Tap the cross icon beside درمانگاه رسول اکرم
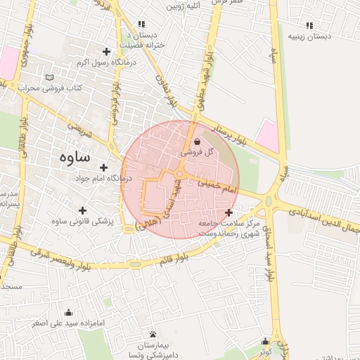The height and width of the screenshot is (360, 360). click(x=106, y=51)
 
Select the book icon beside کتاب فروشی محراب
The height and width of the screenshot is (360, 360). click(x=49, y=77)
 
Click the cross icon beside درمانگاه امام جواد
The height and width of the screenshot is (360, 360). click(x=104, y=167)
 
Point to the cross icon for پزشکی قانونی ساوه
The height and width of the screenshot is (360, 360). click(x=83, y=210)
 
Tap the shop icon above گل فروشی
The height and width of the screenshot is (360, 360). click(x=195, y=141)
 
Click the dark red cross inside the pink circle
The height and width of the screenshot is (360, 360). click(x=229, y=212)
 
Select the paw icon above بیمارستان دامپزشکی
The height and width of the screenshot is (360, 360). click(x=153, y=334)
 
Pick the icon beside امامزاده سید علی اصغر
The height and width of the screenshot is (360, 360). click(x=68, y=313)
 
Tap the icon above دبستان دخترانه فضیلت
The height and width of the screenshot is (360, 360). click(x=142, y=24)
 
